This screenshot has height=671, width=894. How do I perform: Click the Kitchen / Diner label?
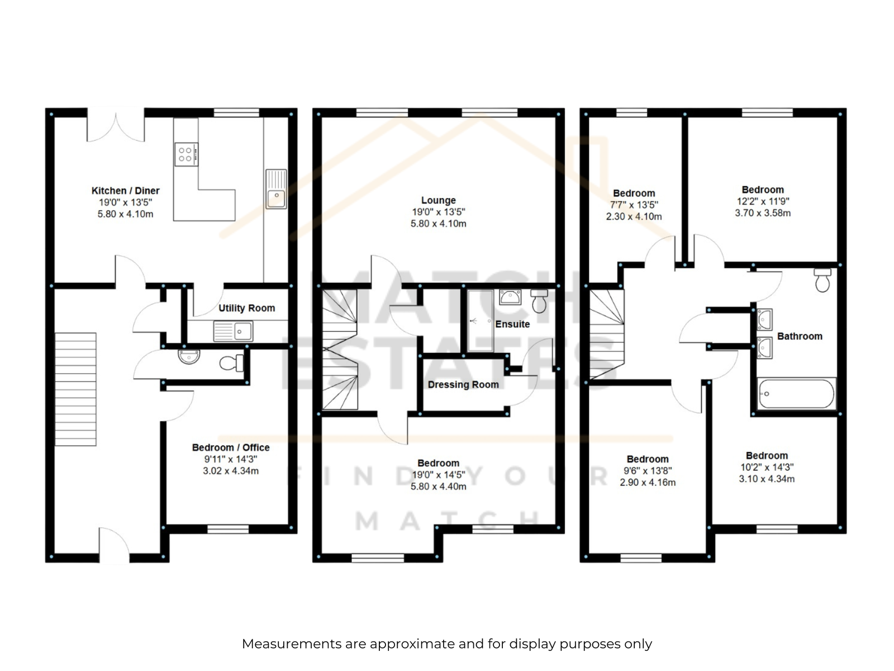tap(126, 191)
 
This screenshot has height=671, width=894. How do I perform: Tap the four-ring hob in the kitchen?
tap(187, 154)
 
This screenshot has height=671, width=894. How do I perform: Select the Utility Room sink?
tap(233, 331)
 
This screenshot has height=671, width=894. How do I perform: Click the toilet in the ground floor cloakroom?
tap(232, 363)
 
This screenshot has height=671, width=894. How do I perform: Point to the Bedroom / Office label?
tap(231, 447)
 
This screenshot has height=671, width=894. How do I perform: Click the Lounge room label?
tap(438, 200)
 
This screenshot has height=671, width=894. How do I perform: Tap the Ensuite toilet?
tap(539, 301)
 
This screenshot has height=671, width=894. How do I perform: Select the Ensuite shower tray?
tap(481, 320)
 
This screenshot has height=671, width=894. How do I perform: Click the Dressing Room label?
tap(463, 385)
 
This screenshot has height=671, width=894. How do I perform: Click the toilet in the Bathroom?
tap(822, 280)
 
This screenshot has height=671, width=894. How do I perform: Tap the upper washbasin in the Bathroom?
tap(764, 320)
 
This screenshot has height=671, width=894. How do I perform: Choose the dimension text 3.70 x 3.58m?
tap(763, 213)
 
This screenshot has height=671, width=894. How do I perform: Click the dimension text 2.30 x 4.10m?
tap(634, 217)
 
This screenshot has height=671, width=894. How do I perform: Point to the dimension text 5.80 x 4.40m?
tap(438, 486)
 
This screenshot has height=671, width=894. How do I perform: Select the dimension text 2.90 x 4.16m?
tap(648, 483)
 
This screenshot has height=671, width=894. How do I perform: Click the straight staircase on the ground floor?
tap(76, 389)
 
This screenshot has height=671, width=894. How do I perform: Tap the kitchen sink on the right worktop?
tap(276, 189)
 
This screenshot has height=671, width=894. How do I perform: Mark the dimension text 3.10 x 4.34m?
tap(767, 479)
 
